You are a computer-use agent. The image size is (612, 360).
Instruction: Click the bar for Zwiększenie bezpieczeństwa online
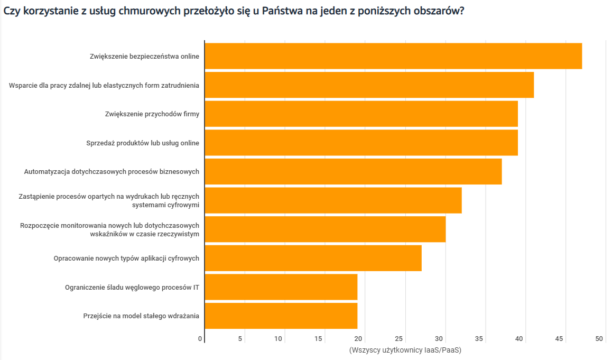tap(393, 56)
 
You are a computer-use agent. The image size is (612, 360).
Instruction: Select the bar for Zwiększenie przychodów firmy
tap(361, 114)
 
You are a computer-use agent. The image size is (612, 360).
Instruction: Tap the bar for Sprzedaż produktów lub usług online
tap(361, 143)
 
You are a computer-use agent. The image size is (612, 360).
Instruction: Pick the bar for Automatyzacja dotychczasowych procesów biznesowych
tap(353, 171)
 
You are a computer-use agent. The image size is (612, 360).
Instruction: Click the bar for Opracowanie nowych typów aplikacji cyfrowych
tap(313, 258)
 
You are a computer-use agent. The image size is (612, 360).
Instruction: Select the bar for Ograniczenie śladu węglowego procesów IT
tap(281, 287)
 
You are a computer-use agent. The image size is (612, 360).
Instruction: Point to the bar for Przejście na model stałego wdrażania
tap(281, 316)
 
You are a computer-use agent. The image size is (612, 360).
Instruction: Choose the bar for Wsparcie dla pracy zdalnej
tap(369, 85)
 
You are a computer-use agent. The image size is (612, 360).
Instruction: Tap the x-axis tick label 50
tap(599, 339)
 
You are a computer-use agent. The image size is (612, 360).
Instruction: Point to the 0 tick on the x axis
tap(200, 339)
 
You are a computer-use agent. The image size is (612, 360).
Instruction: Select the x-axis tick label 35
tap(479, 339)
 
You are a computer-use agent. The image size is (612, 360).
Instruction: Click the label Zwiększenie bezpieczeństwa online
tap(144, 57)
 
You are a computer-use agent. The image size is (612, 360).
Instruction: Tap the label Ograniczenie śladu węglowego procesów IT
tap(132, 288)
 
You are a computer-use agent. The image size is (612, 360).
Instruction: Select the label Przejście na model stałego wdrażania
tap(141, 316)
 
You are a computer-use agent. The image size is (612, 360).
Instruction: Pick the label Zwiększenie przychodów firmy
tap(152, 114)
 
